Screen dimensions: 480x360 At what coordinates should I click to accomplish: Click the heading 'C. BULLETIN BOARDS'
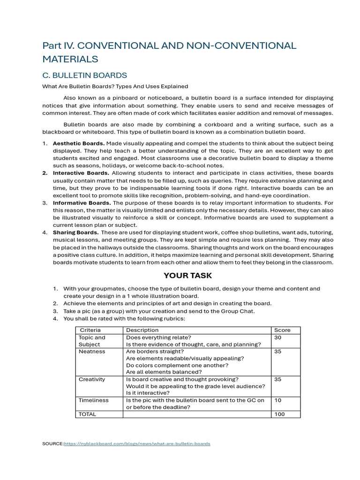(84, 75)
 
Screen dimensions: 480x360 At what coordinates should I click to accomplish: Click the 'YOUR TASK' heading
(187, 276)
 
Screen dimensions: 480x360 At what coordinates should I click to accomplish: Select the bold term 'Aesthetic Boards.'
(79, 143)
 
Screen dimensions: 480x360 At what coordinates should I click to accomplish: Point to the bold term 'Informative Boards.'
(82, 203)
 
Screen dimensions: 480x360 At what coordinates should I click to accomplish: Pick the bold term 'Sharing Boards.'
(75, 232)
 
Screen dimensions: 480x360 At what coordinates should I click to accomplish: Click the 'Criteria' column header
(90, 330)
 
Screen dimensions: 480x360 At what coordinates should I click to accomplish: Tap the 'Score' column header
(282, 330)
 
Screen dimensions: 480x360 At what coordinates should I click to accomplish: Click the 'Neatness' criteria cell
(92, 351)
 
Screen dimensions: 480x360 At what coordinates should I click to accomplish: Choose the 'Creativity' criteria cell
(92, 379)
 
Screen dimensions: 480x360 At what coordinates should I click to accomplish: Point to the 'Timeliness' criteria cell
(93, 400)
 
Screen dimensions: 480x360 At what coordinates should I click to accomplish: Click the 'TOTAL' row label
(88, 414)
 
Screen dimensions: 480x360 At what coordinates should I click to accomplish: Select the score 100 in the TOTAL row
(279, 414)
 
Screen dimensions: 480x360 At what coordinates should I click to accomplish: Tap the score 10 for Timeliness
(277, 400)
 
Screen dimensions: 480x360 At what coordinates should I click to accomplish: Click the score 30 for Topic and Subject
(278, 337)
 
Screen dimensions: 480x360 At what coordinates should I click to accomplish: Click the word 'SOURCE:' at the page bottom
(53, 443)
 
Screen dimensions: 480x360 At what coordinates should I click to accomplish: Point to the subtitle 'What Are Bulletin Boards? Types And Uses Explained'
(115, 86)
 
